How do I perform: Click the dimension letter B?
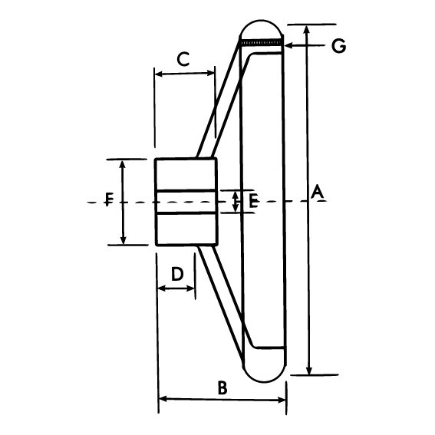pos(222,387)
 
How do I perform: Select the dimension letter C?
pos(183,58)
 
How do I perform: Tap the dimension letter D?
pos(176,274)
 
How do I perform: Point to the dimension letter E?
pos(252,202)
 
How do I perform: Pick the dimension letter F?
pos(109,201)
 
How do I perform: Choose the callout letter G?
pos(338,46)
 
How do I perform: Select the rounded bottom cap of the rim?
pos(264,371)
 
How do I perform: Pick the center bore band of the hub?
pos(186,201)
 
